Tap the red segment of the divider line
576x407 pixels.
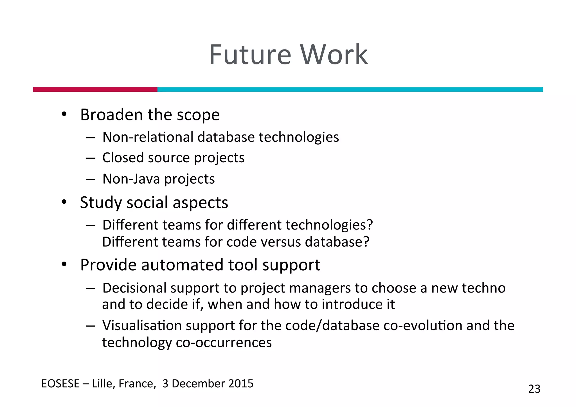click(95, 89)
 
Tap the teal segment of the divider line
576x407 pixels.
click(350, 89)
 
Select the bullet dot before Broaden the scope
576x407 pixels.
click(64, 114)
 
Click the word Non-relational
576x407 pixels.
click(148, 137)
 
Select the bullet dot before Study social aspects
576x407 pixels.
click(64, 202)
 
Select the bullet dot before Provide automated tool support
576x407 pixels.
click(64, 264)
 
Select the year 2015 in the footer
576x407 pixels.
click(241, 384)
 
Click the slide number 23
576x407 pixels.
click(534, 389)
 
